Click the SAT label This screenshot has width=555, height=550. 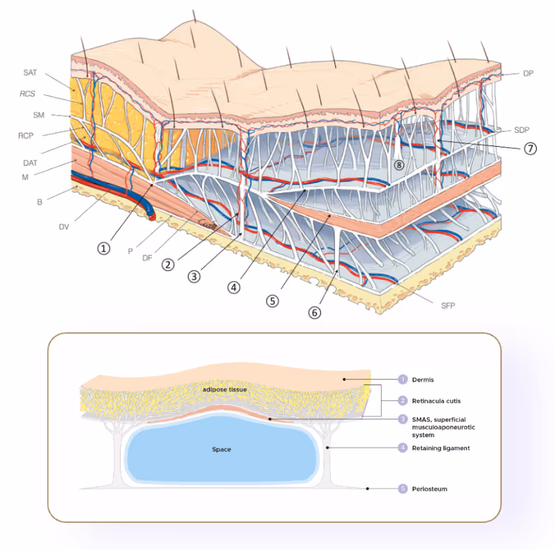pos(30,73)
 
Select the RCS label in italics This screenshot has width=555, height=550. pos(29,95)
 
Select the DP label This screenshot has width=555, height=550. pos(528,73)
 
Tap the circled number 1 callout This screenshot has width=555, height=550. pos(104,247)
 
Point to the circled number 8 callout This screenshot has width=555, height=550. pos(399,165)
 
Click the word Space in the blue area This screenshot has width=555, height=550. pos(221,449)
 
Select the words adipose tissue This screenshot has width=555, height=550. pos(221,389)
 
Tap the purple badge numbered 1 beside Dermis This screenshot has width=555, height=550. pos(403,379)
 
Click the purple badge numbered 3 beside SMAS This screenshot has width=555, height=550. pos(403,419)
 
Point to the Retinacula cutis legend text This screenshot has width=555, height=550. pos(439,401)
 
